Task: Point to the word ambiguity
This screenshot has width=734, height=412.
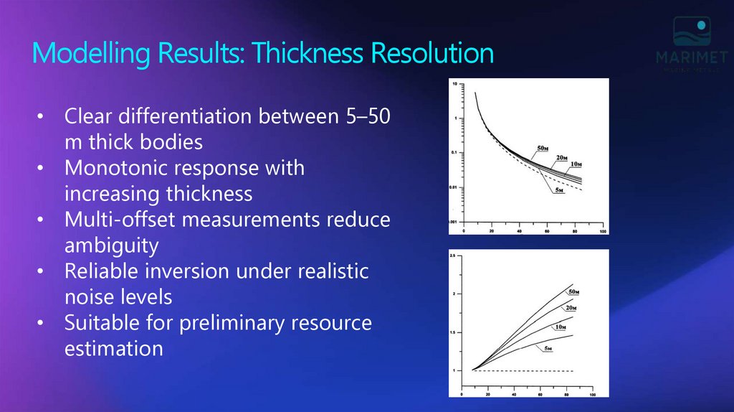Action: (111, 245)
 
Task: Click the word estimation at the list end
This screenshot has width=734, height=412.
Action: (114, 349)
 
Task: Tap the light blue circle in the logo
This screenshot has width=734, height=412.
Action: (702, 25)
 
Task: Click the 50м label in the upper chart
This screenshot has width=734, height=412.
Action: (543, 149)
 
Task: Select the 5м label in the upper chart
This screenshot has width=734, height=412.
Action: (560, 189)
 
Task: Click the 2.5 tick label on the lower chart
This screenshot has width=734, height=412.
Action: (453, 256)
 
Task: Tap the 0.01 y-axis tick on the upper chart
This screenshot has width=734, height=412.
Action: (452, 187)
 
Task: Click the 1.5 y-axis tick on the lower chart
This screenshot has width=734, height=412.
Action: (453, 332)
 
